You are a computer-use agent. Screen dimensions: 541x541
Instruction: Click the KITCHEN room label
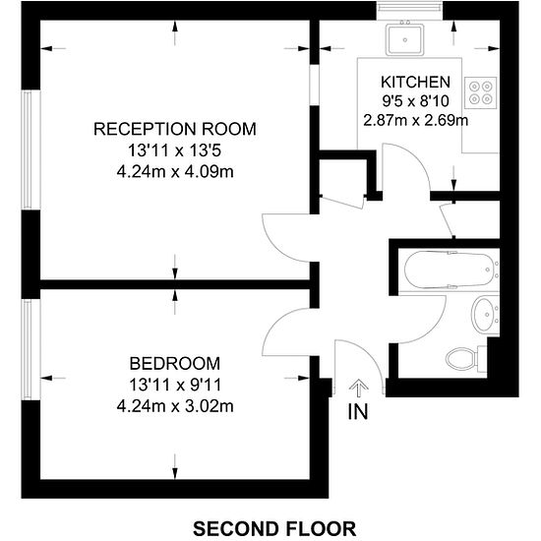point(415,82)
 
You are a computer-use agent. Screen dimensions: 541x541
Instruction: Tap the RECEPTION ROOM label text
point(175,129)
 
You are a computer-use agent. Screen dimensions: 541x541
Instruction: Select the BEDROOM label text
point(175,364)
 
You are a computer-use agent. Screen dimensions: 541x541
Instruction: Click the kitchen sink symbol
point(405,39)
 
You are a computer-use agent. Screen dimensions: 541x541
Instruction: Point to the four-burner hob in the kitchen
point(481,92)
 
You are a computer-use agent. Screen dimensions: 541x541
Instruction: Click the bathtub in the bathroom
point(451,270)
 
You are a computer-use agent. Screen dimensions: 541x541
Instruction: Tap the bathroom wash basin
point(485,315)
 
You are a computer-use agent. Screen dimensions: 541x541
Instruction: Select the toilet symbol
point(466,359)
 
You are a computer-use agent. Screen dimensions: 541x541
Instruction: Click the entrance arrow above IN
point(358,388)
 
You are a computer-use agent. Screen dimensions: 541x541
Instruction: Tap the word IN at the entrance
point(358,411)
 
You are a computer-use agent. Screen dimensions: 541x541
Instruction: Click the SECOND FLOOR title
point(274,528)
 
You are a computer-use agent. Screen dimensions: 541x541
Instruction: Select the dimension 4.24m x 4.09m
point(175,171)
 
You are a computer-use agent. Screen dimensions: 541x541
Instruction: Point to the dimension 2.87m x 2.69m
point(416,121)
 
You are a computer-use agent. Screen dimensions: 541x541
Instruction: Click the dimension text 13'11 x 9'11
point(175,385)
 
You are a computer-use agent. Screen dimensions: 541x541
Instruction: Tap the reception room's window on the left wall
point(31,150)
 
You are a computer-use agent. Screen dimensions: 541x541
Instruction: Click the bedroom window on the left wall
point(31,349)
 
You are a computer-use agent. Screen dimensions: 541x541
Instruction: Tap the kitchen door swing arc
point(418,157)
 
